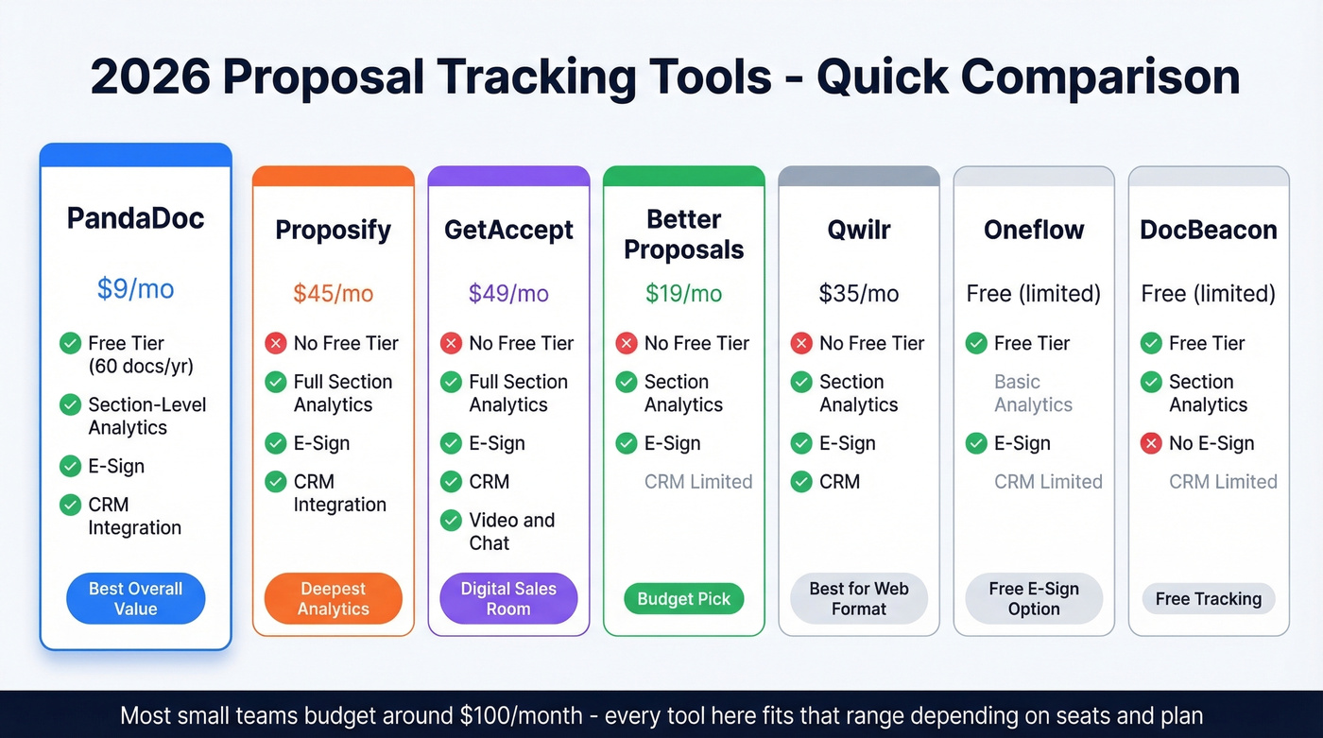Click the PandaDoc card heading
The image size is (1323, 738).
tap(135, 218)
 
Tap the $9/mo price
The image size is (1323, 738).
tap(135, 288)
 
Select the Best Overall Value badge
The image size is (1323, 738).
tap(135, 599)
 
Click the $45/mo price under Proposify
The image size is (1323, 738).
tap(333, 293)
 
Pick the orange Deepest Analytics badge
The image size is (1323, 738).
tap(333, 599)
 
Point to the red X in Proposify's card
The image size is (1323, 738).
tap(276, 343)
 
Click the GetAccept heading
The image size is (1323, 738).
tap(508, 230)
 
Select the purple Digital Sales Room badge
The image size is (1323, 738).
tap(508, 599)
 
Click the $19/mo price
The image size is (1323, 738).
tap(683, 293)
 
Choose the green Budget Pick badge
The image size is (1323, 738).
tap(683, 599)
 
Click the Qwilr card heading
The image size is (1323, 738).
tap(858, 230)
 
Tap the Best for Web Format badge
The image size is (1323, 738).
tap(858, 599)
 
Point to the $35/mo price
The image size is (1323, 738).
tap(858, 293)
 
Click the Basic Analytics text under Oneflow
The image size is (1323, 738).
tap(1033, 393)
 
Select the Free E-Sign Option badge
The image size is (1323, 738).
tap(1033, 599)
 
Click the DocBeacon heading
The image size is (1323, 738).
tap(1208, 230)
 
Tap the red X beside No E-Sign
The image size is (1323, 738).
tap(1151, 443)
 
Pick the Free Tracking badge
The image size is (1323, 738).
tap(1208, 599)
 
